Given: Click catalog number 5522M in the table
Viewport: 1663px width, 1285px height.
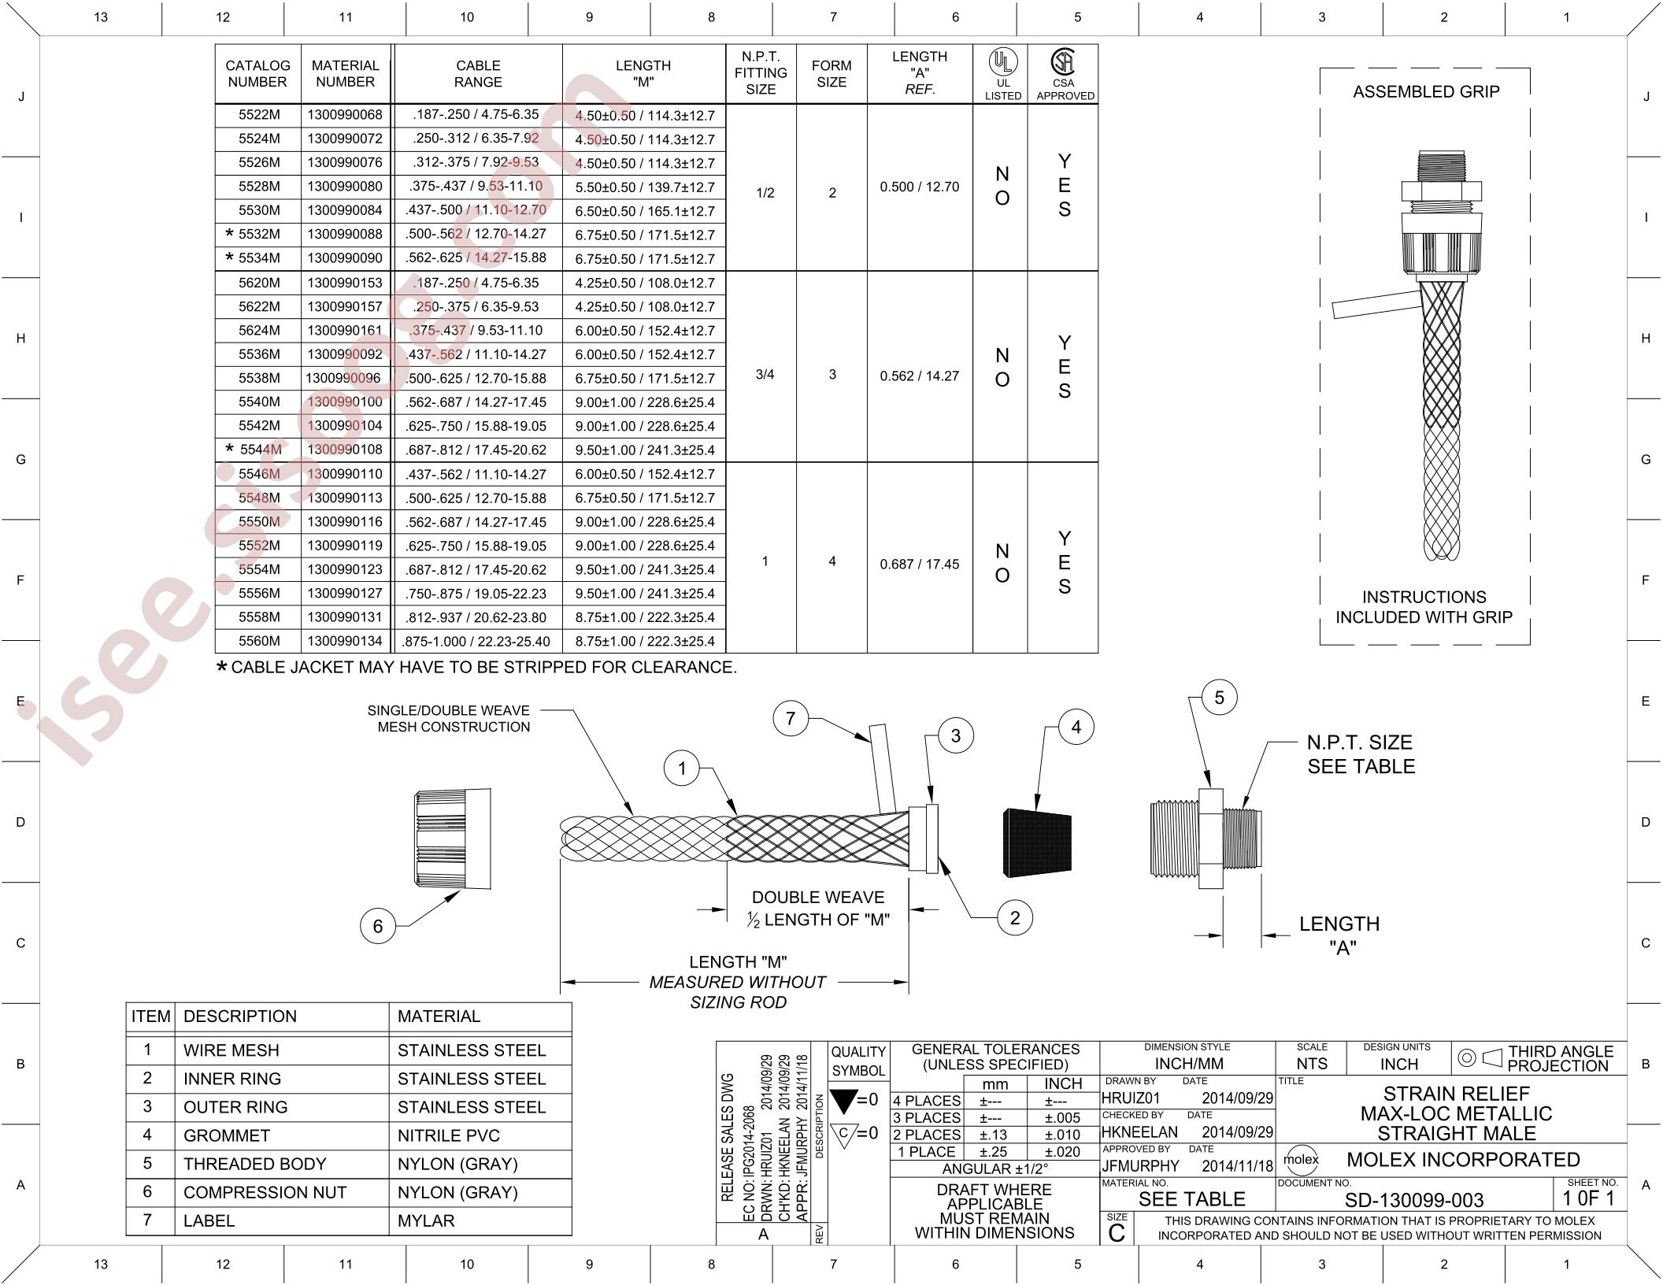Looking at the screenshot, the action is [x=259, y=115].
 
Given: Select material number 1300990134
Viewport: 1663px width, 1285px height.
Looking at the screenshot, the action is [x=345, y=641].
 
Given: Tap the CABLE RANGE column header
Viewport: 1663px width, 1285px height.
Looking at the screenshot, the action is [x=478, y=74].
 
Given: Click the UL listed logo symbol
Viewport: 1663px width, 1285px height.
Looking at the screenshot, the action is [x=1002, y=61].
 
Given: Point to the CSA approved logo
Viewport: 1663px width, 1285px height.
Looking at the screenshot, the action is [x=1064, y=61].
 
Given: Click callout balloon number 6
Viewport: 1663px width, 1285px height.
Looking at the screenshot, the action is [x=378, y=926].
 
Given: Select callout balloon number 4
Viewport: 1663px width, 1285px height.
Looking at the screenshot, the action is [x=1076, y=728].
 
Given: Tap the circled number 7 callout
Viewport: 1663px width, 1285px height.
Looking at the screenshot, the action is [x=791, y=717].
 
